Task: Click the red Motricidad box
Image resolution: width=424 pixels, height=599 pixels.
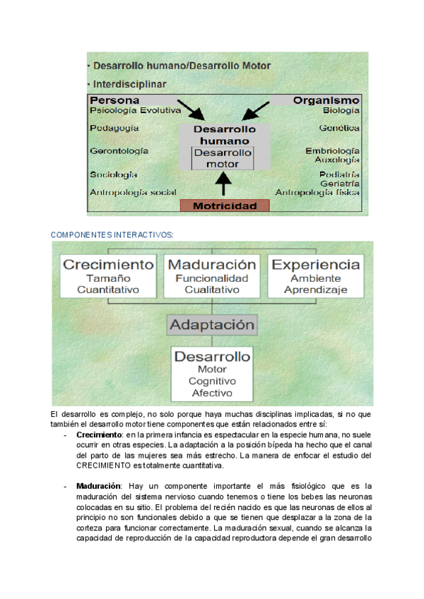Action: (225, 206)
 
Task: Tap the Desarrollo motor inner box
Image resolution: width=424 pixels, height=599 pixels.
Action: (223, 158)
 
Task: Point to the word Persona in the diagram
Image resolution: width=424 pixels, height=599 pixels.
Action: (114, 100)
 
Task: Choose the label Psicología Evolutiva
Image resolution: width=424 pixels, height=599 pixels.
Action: (136, 110)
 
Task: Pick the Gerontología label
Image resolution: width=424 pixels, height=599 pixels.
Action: (119, 150)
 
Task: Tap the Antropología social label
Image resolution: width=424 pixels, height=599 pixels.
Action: (133, 191)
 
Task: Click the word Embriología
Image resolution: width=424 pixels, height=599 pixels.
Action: (332, 151)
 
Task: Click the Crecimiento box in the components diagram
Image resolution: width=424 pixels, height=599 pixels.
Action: (108, 275)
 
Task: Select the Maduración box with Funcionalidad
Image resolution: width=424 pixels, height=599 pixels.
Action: (212, 275)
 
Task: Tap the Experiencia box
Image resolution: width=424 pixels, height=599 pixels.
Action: (316, 275)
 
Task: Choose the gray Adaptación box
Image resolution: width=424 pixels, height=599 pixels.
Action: (212, 325)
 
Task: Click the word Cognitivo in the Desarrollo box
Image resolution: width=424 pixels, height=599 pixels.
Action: (212, 381)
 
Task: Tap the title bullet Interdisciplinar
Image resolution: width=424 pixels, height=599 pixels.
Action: (128, 84)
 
